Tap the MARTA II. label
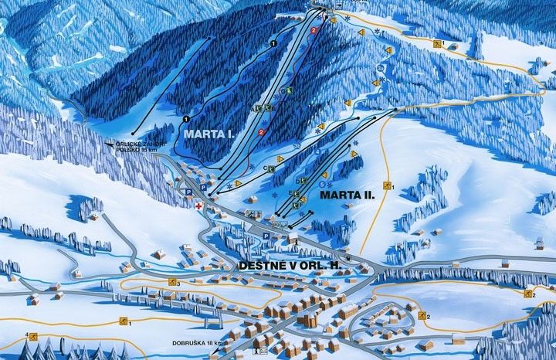[347, 195]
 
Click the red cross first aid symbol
[198, 207]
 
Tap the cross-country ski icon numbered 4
[32, 335]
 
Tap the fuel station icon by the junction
[347, 258]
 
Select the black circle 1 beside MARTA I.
[186, 119]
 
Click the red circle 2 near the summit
[314, 30]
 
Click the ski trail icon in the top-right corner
[437, 44]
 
